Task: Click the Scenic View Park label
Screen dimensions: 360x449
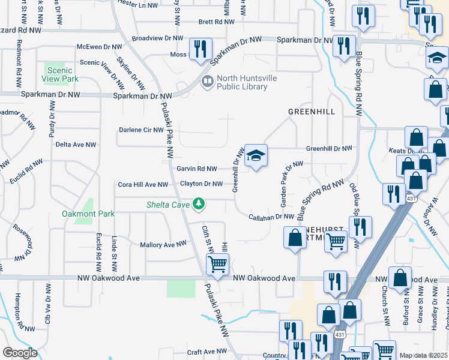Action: (x=61, y=74)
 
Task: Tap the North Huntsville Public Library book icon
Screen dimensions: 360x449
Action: (x=207, y=82)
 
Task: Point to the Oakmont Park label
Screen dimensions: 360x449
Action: (x=88, y=214)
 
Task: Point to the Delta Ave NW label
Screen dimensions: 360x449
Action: (x=76, y=145)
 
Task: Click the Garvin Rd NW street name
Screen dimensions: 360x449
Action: (x=196, y=169)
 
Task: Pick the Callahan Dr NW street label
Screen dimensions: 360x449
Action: (x=272, y=217)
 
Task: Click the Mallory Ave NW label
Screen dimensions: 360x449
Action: (x=163, y=245)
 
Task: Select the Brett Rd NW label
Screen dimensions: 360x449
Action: (x=216, y=22)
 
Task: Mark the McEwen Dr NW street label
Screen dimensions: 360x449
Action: (x=99, y=47)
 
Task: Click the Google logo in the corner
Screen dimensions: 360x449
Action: (x=20, y=352)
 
